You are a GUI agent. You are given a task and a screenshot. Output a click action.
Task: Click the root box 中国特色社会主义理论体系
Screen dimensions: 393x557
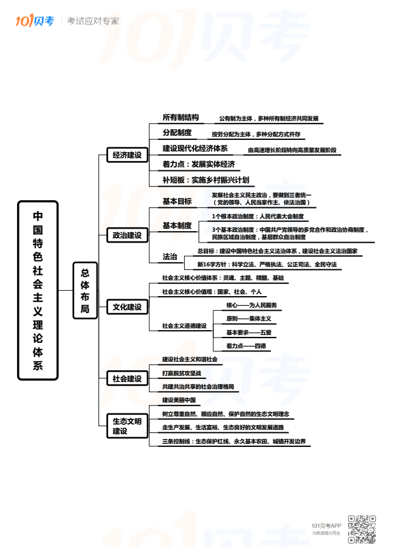[x=38, y=290]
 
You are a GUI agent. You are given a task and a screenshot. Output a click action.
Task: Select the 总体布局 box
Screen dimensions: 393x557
[x=84, y=291]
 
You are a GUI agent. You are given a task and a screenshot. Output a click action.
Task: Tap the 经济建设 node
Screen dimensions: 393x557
[x=126, y=155]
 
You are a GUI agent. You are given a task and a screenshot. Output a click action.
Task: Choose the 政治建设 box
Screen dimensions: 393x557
[x=126, y=235]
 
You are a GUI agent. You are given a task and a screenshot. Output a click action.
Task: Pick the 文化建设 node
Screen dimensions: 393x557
[x=126, y=307]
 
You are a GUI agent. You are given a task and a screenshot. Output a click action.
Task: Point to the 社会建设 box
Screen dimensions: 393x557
[x=126, y=379]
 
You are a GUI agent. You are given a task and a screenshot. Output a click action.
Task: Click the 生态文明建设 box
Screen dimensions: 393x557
[x=126, y=426]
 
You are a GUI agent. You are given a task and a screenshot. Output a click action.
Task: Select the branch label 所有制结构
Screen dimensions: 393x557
[x=180, y=117]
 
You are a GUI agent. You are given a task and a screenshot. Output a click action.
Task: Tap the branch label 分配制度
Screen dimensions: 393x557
[x=177, y=133]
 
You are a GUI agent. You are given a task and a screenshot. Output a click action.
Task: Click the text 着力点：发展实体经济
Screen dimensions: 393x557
[x=199, y=164]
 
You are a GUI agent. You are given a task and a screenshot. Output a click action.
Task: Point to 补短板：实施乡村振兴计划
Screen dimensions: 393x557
[x=205, y=180]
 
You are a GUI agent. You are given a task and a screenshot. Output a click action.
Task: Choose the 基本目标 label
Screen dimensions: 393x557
[x=177, y=201]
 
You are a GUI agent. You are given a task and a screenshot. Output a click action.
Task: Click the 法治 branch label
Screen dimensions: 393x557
[x=169, y=257]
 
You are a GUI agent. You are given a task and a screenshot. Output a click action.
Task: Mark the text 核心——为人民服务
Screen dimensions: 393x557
[x=251, y=305]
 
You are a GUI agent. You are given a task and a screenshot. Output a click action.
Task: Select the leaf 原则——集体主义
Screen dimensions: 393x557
[x=248, y=319]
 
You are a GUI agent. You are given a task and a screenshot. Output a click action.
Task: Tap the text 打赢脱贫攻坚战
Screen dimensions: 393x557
[x=181, y=373]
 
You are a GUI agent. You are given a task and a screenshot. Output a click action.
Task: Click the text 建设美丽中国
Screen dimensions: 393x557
[x=179, y=400]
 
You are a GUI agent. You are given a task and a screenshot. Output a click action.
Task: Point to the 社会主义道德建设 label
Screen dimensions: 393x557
[x=184, y=326]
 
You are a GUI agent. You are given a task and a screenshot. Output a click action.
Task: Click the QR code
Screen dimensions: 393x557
[x=361, y=529]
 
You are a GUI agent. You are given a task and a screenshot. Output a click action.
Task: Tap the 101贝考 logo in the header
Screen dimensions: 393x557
[x=35, y=21]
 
